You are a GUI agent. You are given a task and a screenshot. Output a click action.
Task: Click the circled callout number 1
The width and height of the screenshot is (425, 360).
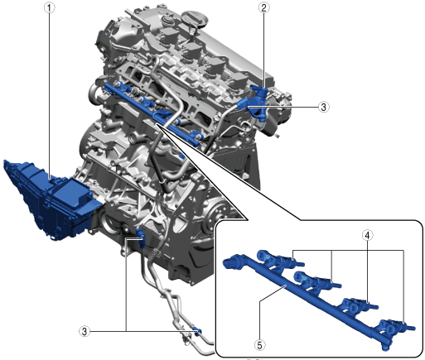(50, 7)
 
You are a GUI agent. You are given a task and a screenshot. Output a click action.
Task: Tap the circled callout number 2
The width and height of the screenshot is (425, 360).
(263, 7)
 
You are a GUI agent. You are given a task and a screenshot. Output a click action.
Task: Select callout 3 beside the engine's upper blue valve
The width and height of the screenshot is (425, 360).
(323, 107)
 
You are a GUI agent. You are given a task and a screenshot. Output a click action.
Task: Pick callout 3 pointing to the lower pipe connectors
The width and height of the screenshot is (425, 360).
(85, 331)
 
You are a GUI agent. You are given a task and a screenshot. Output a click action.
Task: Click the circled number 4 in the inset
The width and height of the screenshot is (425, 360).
(367, 235)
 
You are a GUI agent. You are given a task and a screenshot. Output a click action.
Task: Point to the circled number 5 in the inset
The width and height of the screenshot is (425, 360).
(259, 345)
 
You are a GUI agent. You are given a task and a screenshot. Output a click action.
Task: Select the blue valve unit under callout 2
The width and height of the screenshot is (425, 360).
(258, 102)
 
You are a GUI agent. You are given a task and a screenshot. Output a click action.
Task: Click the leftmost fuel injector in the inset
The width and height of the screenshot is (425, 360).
(279, 260)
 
